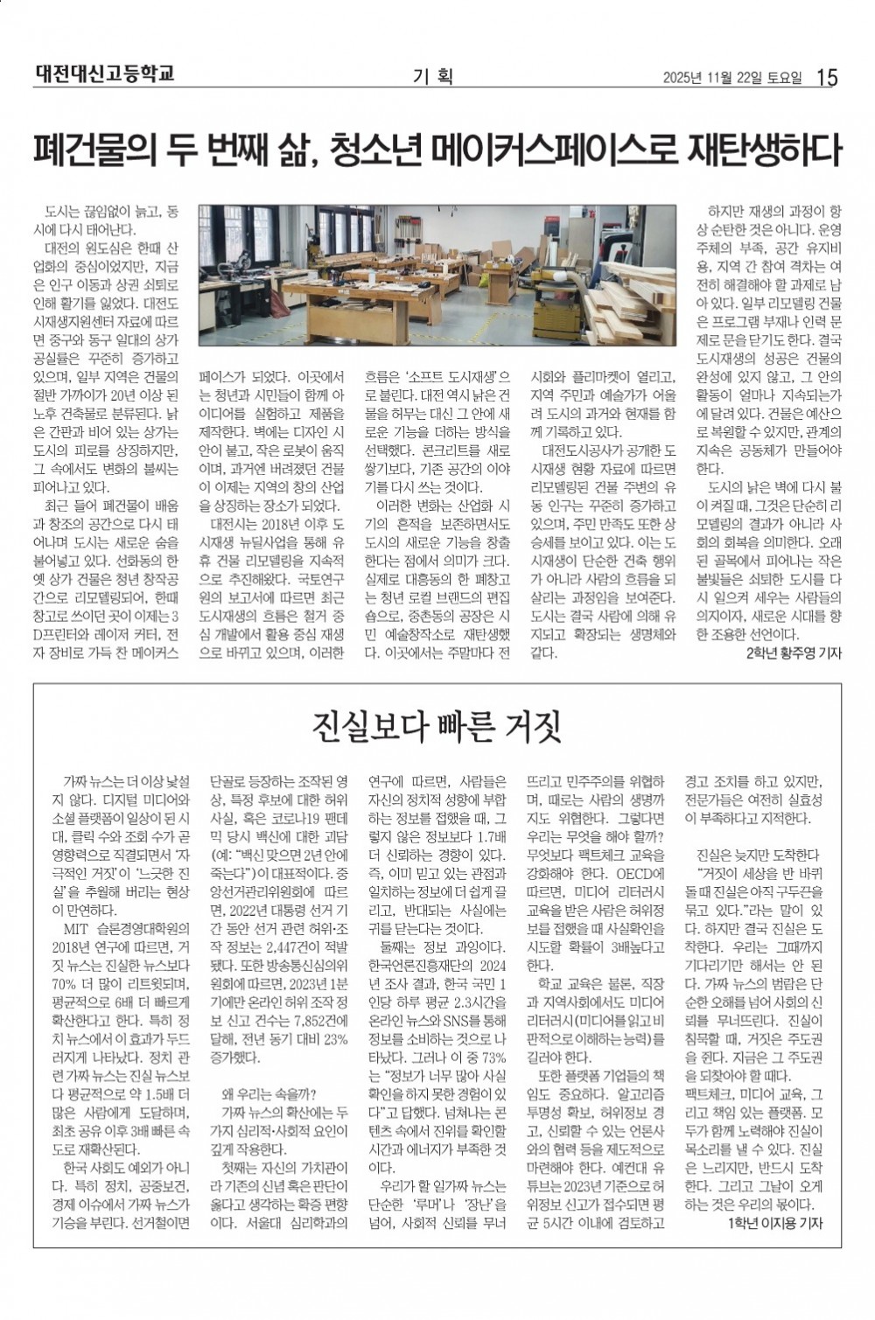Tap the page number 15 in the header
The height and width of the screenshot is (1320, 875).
tap(827, 78)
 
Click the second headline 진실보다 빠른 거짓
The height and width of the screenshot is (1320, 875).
tap(437, 725)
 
